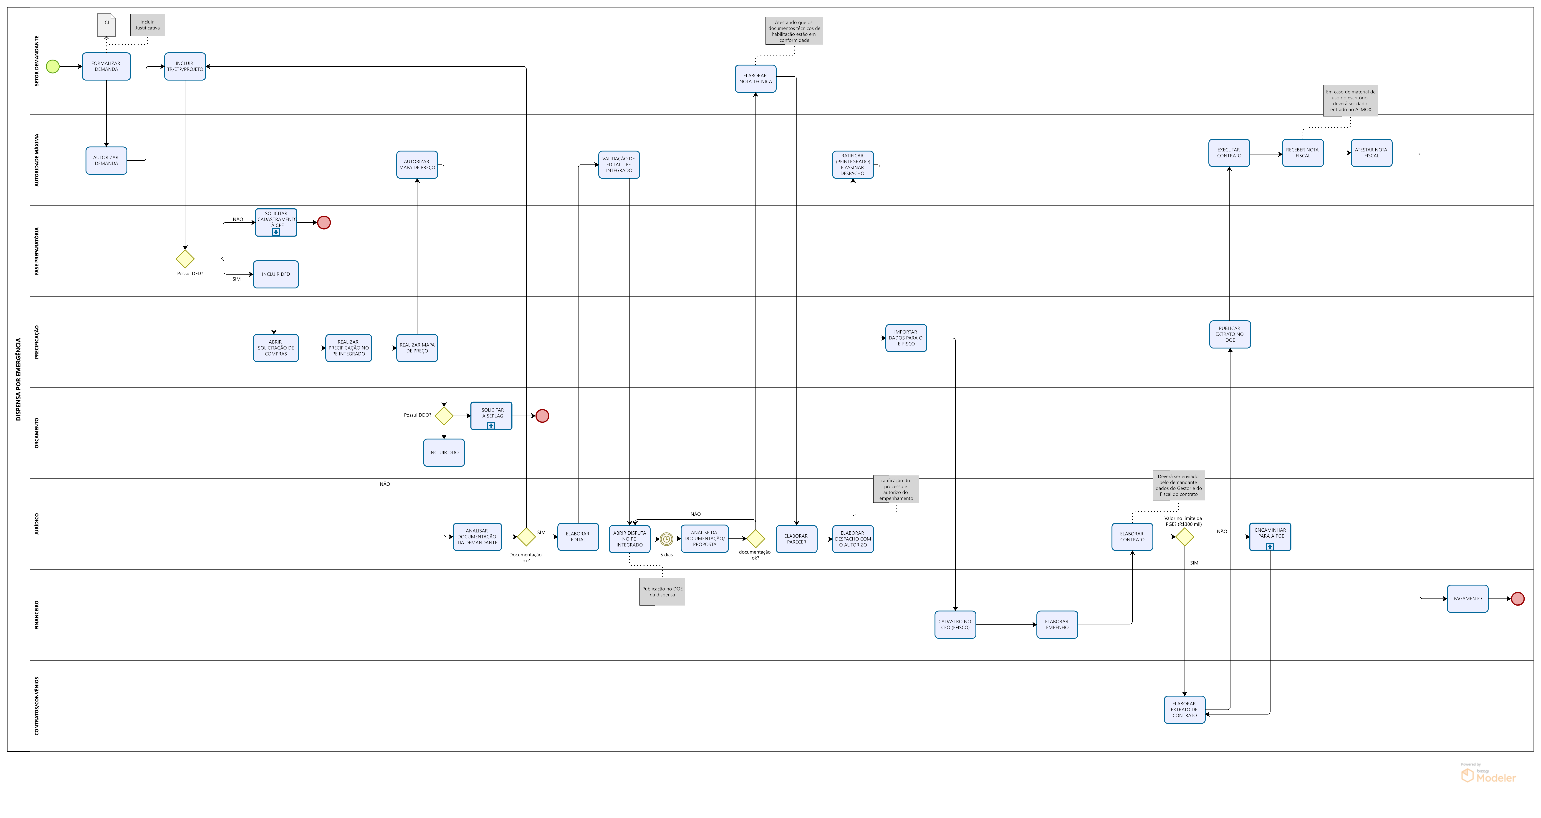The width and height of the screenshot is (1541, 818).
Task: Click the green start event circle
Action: (53, 66)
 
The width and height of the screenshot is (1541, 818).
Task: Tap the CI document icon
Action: (106, 25)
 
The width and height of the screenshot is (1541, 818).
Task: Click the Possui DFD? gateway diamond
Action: (185, 258)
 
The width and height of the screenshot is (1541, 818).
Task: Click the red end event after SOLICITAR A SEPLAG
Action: (542, 416)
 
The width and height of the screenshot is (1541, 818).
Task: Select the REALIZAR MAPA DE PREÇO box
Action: (417, 348)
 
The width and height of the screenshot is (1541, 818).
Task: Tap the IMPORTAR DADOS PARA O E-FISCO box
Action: (906, 338)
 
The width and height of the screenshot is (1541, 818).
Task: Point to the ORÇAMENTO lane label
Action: (36, 433)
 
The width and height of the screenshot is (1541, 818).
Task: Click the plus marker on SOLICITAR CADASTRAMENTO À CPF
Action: (276, 232)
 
